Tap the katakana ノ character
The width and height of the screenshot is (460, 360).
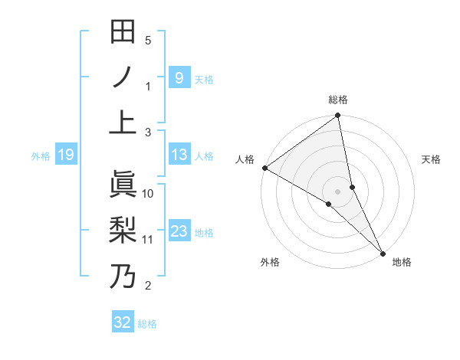(x=123, y=77)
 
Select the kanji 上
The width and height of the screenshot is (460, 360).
(x=123, y=123)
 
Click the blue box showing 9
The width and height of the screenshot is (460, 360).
(x=179, y=77)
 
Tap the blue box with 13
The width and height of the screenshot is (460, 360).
(x=179, y=155)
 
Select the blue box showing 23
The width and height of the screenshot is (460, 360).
(x=179, y=231)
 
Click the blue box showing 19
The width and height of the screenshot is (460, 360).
(x=65, y=155)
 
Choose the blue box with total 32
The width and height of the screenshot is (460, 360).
(x=123, y=322)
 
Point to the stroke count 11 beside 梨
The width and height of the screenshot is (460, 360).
(x=148, y=239)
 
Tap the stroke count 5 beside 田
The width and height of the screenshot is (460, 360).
(x=148, y=40)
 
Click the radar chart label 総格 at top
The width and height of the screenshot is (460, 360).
(x=338, y=100)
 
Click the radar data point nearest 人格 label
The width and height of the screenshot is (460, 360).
(x=264, y=168)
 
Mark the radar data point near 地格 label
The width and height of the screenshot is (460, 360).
(x=383, y=250)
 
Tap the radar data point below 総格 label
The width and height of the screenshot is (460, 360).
(x=338, y=116)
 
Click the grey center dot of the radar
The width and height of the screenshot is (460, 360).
(x=338, y=191)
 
